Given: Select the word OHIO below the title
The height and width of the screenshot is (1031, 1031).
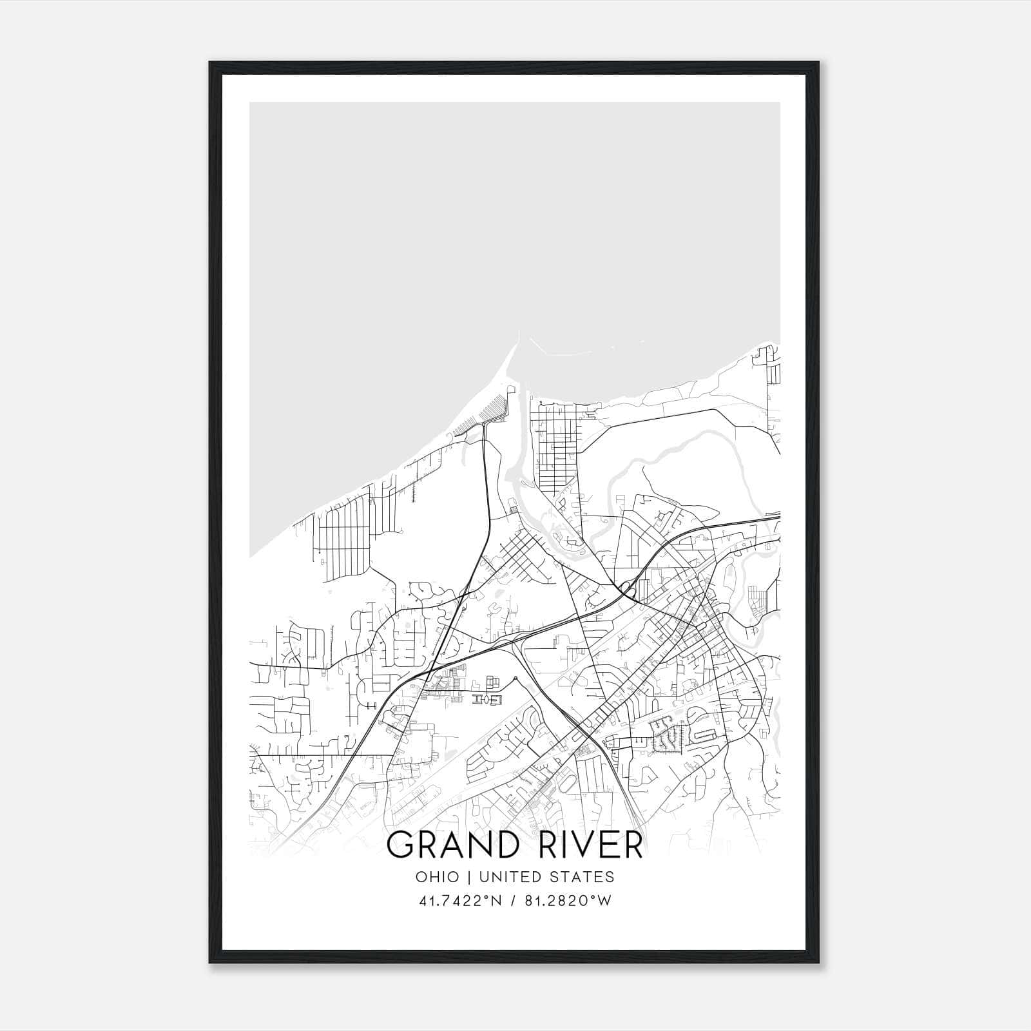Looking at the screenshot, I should pyautogui.click(x=438, y=877).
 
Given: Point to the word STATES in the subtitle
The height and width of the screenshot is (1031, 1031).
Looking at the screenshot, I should pyautogui.click(x=583, y=877).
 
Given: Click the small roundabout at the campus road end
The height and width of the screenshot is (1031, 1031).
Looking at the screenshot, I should pyautogui.click(x=515, y=678).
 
